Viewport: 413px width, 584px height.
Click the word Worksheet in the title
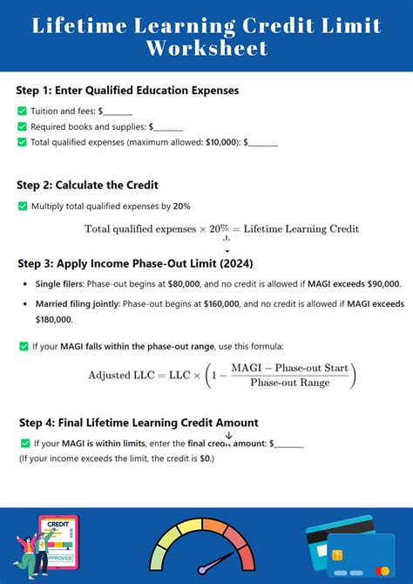click(x=206, y=49)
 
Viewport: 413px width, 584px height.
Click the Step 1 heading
click(x=127, y=90)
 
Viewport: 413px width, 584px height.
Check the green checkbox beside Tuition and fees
click(x=22, y=111)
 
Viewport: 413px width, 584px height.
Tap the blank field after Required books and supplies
click(x=168, y=126)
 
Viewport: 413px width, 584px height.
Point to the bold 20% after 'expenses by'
click(x=181, y=206)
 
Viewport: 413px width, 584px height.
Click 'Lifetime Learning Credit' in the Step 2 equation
click(x=301, y=228)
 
